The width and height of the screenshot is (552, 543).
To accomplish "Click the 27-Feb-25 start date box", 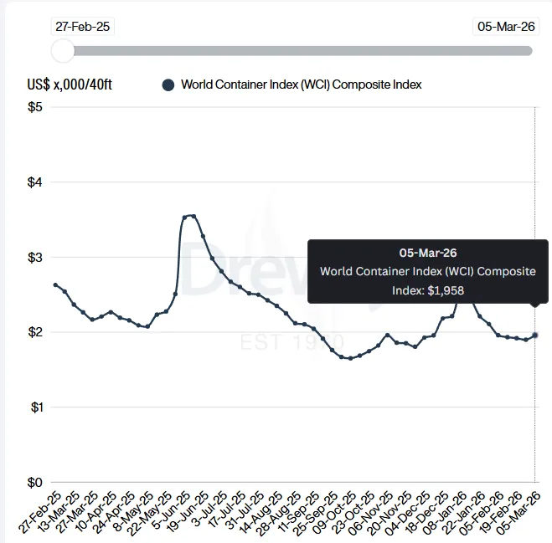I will (82, 26).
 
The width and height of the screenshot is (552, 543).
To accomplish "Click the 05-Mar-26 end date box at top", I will (506, 26).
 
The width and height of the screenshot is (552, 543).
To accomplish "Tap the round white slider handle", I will (63, 51).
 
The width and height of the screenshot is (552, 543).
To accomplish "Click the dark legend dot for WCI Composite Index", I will (168, 85).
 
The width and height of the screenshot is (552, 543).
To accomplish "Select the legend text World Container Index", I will (301, 85).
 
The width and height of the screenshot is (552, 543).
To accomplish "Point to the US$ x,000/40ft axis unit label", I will (74, 85).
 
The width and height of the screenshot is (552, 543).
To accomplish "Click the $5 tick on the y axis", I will (35, 107).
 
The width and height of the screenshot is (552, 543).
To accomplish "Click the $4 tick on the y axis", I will (35, 182).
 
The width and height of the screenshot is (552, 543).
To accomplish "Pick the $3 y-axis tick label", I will (35, 257).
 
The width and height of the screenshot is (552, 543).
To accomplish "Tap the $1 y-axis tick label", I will (35, 407).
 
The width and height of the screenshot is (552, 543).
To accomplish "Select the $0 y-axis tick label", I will (35, 482).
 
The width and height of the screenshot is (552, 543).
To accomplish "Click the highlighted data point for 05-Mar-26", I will (535, 335).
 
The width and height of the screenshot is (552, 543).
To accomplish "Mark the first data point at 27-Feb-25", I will (55, 285).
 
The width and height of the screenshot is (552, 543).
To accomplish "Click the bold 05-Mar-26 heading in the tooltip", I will (428, 252).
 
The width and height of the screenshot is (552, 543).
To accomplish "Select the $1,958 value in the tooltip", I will (446, 290).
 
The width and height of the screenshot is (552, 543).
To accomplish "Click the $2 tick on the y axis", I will (35, 332).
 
